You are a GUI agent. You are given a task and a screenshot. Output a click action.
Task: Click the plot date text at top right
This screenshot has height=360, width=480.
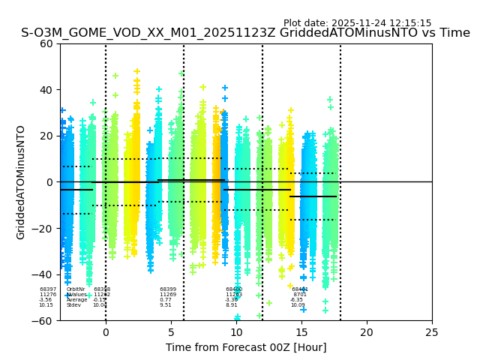pyautogui.click(x=357, y=23)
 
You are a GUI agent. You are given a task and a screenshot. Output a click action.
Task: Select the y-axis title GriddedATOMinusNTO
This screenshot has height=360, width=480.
pyautogui.click(x=21, y=182)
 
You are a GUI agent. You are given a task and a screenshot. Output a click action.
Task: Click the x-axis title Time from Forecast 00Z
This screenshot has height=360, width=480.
pyautogui.click(x=246, y=347)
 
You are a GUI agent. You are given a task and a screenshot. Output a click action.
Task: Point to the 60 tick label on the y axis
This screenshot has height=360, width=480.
pyautogui.click(x=46, y=43)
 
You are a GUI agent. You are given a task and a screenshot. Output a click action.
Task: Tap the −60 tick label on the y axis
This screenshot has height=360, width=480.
pyautogui.click(x=43, y=320)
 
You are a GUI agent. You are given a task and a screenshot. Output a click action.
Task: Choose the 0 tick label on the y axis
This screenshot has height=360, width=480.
pyautogui.click(x=49, y=182)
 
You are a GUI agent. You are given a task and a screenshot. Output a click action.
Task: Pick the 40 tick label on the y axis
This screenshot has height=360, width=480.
pyautogui.click(x=46, y=90)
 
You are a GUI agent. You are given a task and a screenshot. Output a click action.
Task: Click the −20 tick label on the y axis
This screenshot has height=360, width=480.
pyautogui.click(x=43, y=229)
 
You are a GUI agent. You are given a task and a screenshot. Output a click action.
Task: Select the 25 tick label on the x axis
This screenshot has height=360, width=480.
pyautogui.click(x=432, y=332)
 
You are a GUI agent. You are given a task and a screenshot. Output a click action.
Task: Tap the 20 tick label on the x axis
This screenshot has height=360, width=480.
pyautogui.click(x=367, y=332)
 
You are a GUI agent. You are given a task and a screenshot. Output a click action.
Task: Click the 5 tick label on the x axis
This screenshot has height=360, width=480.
pyautogui.click(x=171, y=332)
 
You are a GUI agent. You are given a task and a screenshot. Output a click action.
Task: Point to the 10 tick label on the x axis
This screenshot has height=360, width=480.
pyautogui.click(x=236, y=332)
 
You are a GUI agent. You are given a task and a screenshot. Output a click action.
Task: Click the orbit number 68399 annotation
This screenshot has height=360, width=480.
pyautogui.click(x=168, y=289)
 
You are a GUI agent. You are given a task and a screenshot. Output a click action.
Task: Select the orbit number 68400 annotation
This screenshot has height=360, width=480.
pyautogui.click(x=234, y=289)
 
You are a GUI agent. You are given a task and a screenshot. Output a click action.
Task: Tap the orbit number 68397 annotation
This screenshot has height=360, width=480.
pyautogui.click(x=48, y=289)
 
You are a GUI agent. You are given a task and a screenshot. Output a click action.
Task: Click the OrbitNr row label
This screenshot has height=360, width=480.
pyautogui.click(x=76, y=289)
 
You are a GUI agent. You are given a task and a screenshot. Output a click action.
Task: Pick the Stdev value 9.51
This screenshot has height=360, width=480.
pyautogui.click(x=165, y=305)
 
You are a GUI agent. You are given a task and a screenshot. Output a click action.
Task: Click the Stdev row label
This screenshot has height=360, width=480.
pyautogui.click(x=73, y=305)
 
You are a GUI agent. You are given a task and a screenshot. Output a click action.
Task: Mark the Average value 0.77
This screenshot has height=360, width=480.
pyautogui.click(x=165, y=300)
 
